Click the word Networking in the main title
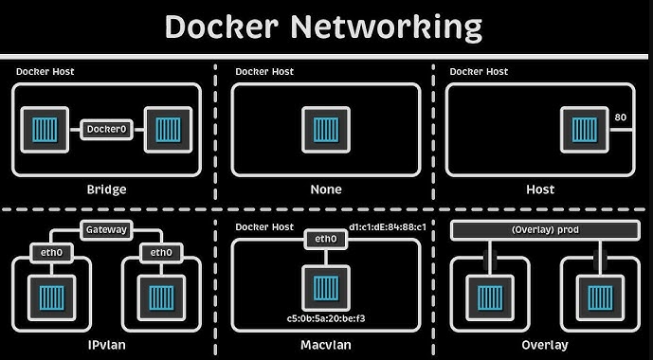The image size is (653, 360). click(389, 26)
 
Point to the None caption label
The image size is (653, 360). click(325, 189)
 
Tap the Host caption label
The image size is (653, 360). click(540, 189)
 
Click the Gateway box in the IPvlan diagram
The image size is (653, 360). click(106, 230)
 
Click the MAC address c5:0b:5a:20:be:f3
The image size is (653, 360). click(325, 318)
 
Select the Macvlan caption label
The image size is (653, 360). click(325, 345)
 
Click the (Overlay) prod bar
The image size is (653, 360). click(541, 230)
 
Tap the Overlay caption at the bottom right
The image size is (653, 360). click(540, 345)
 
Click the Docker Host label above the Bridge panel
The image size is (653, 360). click(45, 72)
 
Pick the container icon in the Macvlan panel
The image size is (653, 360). click(325, 285)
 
